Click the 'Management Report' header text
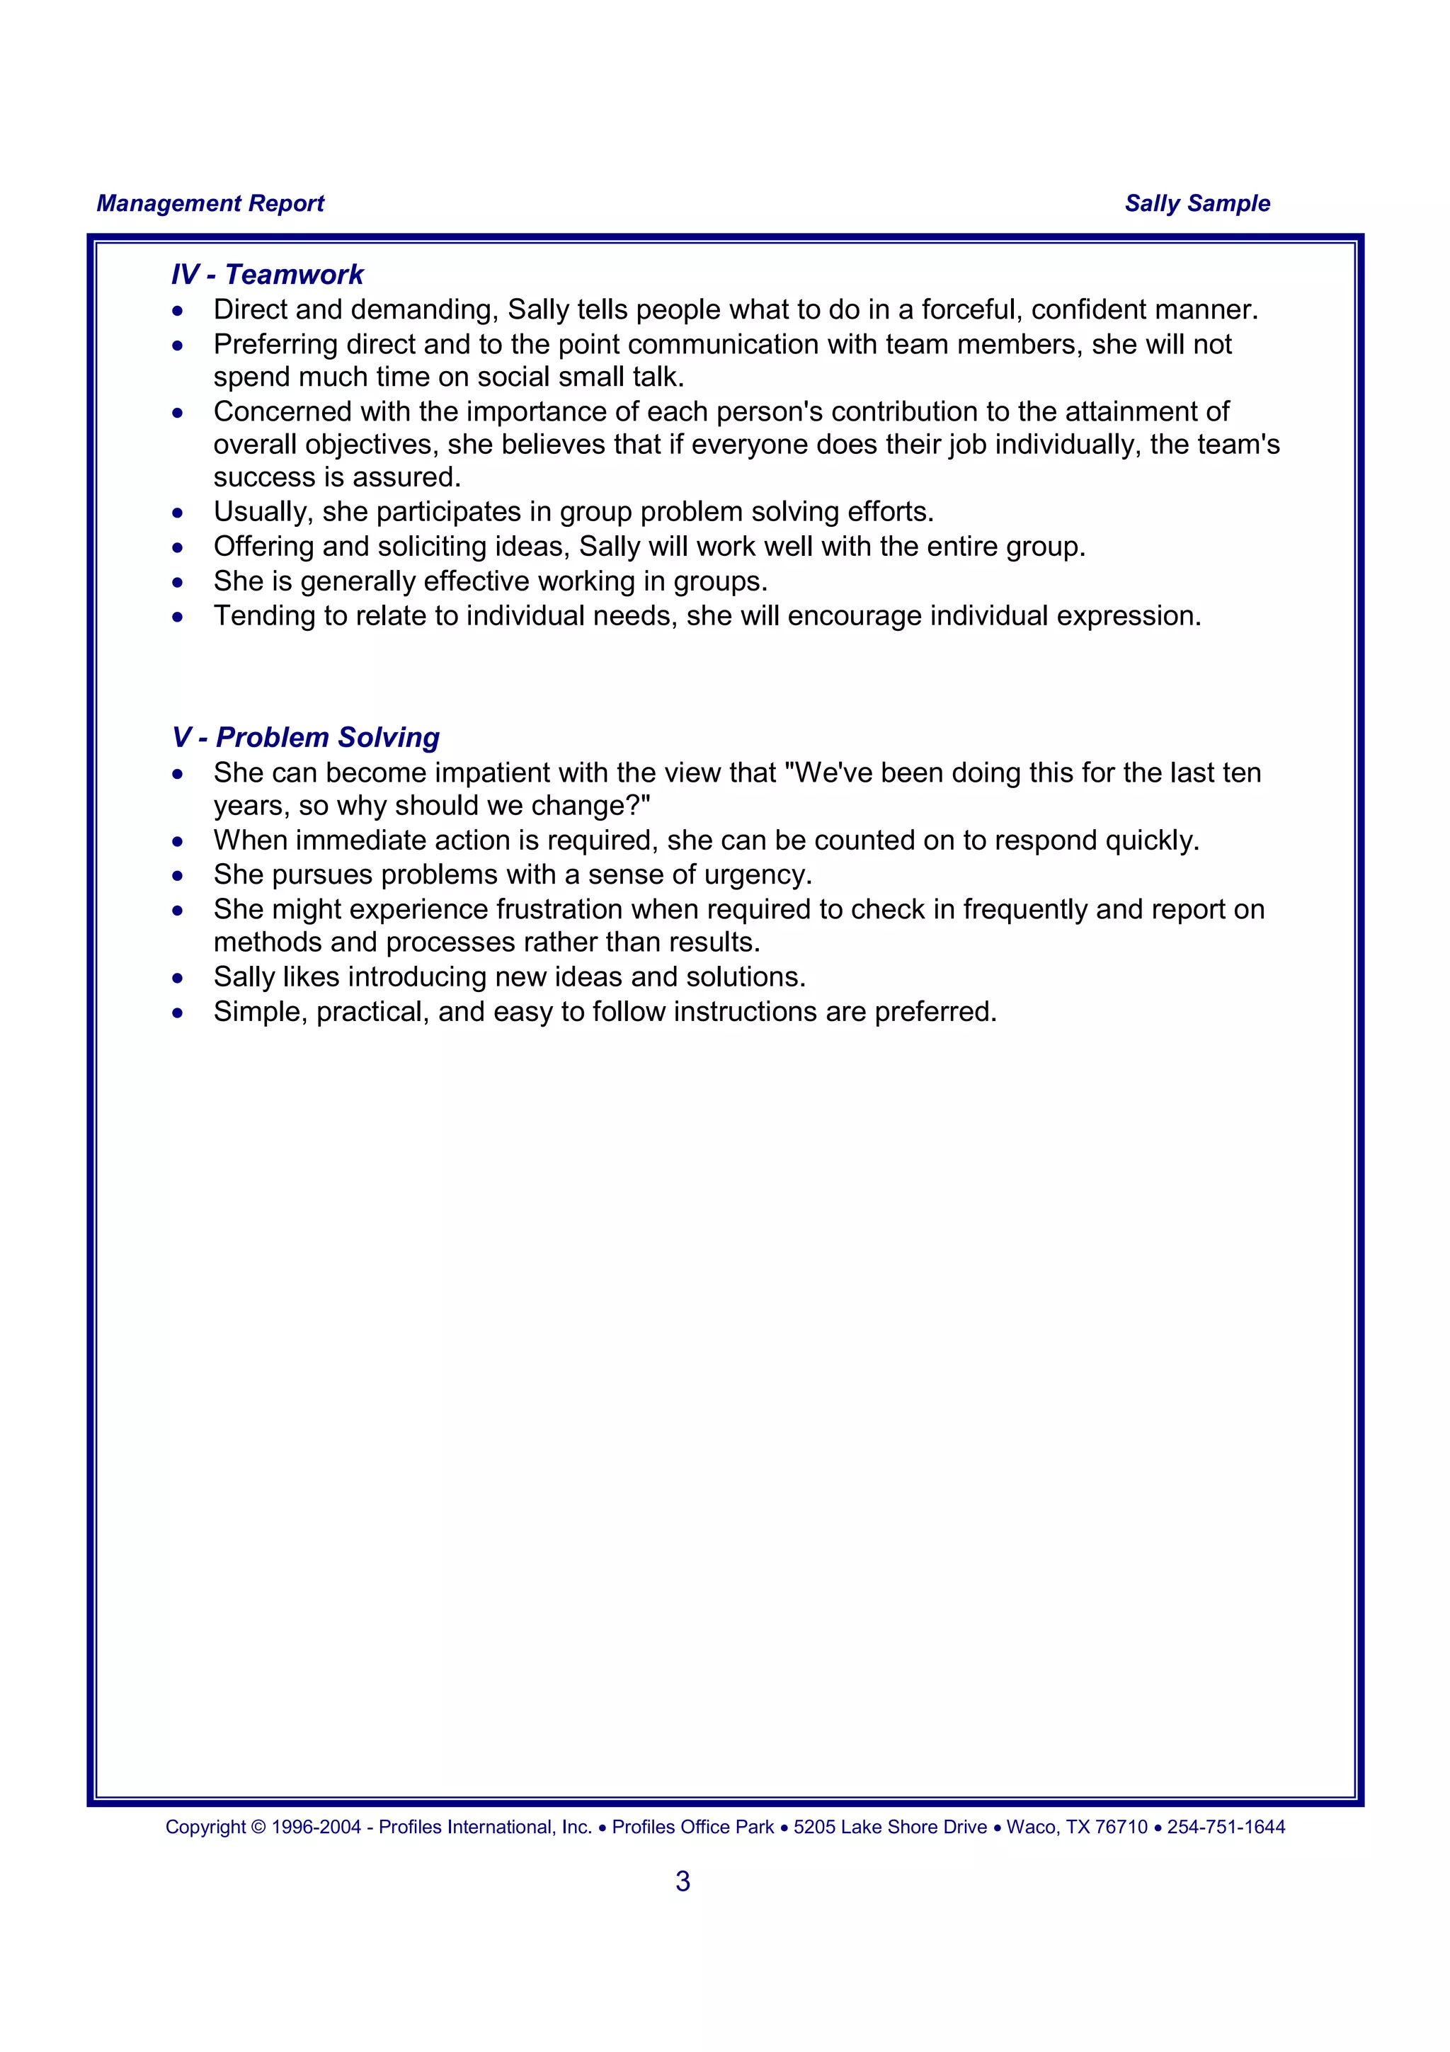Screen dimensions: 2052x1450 (x=210, y=204)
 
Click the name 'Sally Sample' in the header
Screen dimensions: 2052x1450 (x=1197, y=204)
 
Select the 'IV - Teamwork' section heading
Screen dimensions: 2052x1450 (x=267, y=274)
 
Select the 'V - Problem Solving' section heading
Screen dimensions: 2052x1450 (x=306, y=737)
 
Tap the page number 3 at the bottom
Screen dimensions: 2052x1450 (x=683, y=1881)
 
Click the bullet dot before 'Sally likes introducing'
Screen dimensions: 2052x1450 (x=178, y=979)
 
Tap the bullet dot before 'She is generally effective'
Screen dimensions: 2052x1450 (x=178, y=583)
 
